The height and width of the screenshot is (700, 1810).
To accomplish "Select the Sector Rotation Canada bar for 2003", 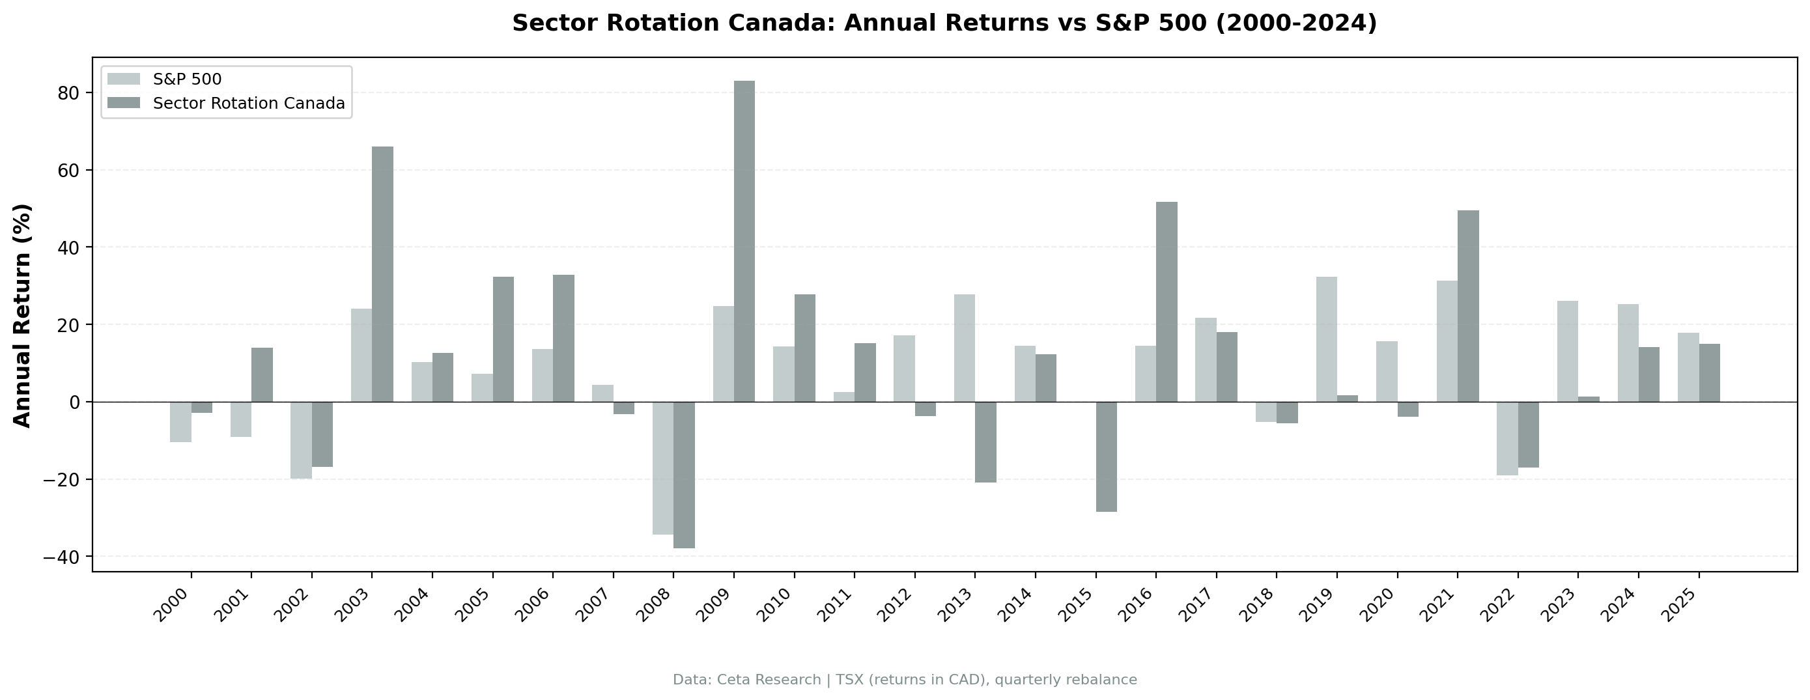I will point(382,274).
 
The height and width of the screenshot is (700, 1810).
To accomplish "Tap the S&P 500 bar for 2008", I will point(662,468).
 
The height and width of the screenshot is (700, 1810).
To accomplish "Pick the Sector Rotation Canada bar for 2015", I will point(1106,457).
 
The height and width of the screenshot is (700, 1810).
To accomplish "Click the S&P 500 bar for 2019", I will point(1326,339).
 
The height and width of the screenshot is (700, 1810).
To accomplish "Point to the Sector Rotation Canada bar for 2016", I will point(1167,302).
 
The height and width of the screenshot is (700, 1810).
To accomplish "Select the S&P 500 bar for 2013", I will point(964,348).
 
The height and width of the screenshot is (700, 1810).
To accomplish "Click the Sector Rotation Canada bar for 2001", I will point(262,374).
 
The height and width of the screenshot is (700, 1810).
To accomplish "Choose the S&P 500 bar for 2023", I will point(1567,352).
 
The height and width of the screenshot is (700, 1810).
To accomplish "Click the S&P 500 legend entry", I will point(187,79).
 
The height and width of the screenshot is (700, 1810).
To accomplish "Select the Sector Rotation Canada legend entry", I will point(249,104).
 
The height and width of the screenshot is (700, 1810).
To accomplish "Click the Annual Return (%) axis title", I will point(23,315).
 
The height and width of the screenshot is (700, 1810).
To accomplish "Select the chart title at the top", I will point(944,23).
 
